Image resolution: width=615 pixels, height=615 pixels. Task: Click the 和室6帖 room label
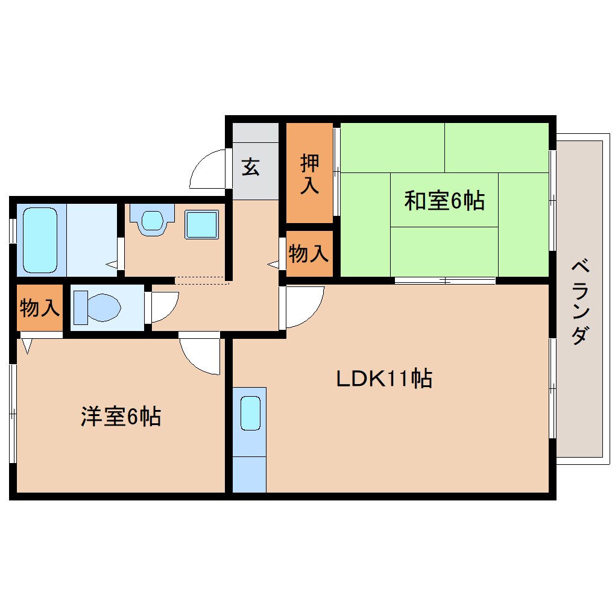(x=444, y=200)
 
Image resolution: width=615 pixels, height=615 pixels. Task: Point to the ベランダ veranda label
(x=579, y=301)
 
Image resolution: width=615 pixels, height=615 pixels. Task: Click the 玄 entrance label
(x=251, y=166)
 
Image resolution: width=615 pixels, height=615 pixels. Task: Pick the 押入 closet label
(x=309, y=174)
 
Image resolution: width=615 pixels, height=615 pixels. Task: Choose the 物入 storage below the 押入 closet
(x=309, y=254)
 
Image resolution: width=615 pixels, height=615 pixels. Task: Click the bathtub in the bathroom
(x=40, y=239)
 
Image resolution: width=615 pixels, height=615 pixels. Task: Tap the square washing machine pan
(x=201, y=225)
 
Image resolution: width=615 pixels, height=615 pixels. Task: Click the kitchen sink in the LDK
(x=250, y=413)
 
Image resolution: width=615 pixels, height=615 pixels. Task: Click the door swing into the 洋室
(x=200, y=356)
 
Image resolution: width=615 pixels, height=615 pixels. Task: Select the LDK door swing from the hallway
(x=303, y=306)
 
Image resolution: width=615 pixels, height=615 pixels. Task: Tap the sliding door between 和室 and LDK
(x=445, y=280)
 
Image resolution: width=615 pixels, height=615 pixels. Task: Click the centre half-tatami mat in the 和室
(x=444, y=200)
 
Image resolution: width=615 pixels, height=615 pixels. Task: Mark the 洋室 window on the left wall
(x=12, y=413)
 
